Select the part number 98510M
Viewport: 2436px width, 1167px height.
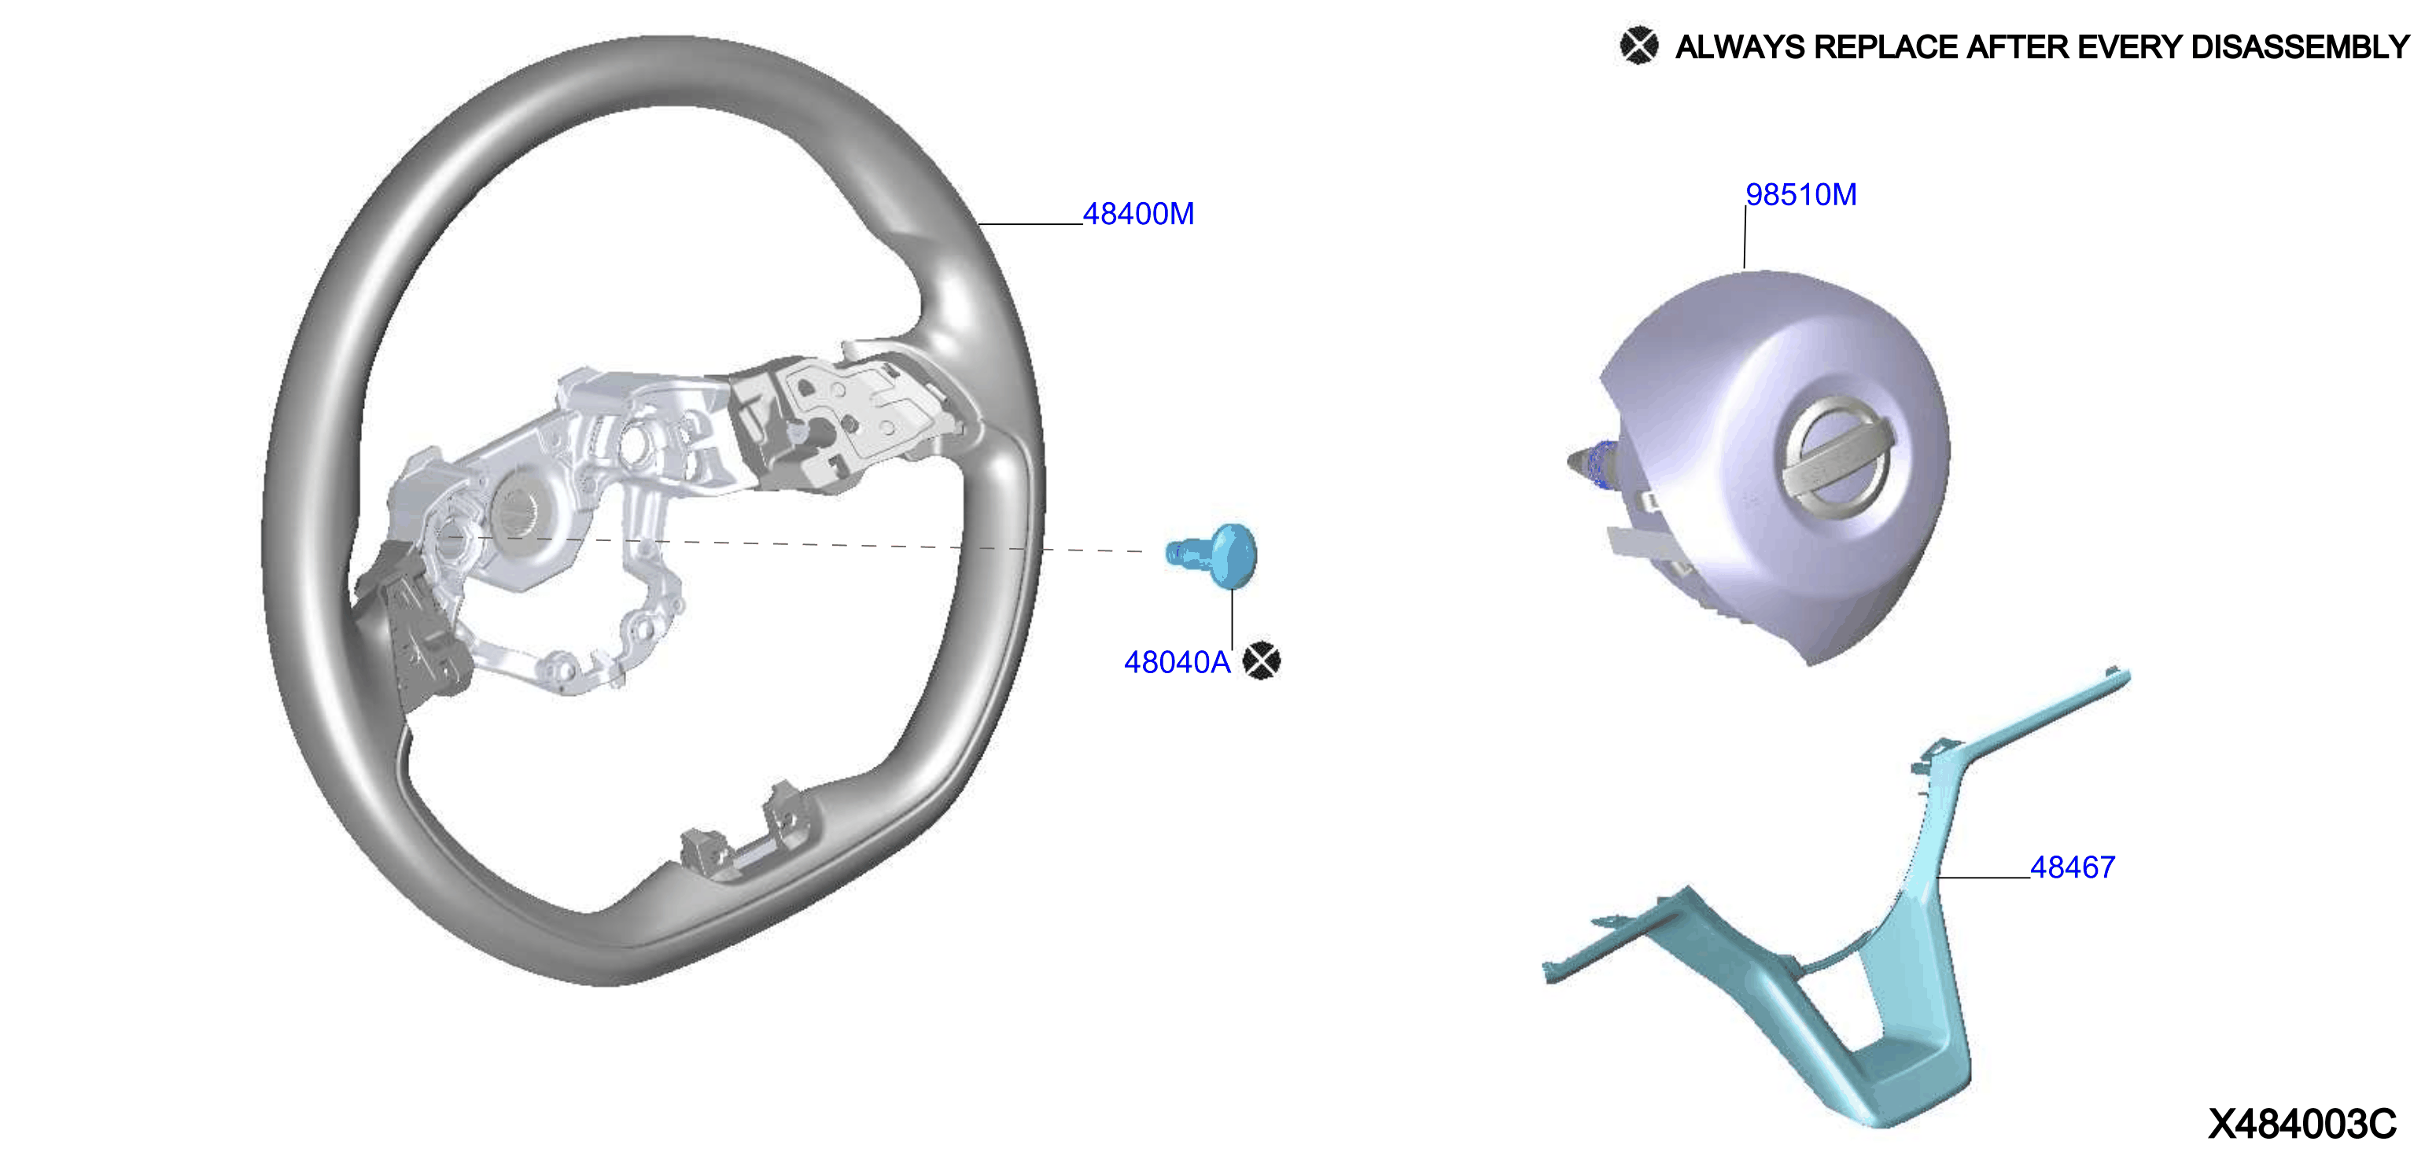1800,194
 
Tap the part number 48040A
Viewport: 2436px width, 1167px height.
1177,662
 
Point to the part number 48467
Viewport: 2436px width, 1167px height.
2072,867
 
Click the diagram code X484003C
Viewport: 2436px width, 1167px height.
2301,1124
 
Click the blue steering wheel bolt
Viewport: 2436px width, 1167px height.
1212,555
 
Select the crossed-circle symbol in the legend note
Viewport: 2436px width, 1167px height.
1639,46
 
